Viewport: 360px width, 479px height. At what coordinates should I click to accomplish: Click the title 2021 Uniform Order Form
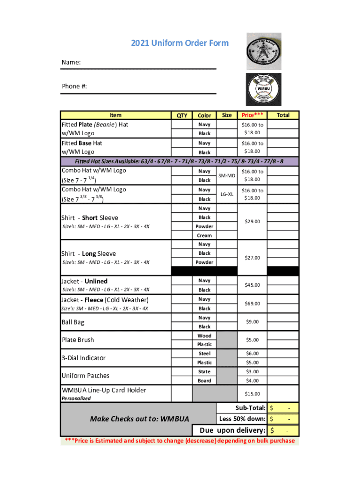point(180,43)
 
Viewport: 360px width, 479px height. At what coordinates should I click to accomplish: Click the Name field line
point(139,68)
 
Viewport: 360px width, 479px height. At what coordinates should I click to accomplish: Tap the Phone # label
point(74,86)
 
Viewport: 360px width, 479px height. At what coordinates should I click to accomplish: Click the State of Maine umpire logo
point(264,51)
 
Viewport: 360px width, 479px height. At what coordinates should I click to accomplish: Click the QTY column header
point(182,116)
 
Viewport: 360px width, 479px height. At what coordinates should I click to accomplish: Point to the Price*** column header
point(252,115)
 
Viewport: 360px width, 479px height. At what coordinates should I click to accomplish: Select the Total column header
point(283,115)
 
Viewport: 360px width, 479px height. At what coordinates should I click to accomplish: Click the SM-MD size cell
point(227,175)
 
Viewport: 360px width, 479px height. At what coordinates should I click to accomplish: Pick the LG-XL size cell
point(227,194)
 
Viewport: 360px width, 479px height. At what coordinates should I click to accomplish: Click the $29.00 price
point(252,222)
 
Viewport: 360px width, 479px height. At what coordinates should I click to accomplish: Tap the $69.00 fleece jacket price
point(252,304)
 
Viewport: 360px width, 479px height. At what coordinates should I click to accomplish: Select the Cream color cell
point(204,236)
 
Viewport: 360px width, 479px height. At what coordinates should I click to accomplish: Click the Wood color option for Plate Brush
point(204,336)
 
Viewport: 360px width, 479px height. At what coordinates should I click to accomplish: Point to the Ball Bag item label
point(73,322)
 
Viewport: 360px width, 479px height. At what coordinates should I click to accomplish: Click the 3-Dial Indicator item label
point(83,358)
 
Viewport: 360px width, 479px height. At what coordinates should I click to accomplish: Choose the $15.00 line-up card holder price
point(252,394)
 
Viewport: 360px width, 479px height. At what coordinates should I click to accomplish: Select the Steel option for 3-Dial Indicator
point(204,354)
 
